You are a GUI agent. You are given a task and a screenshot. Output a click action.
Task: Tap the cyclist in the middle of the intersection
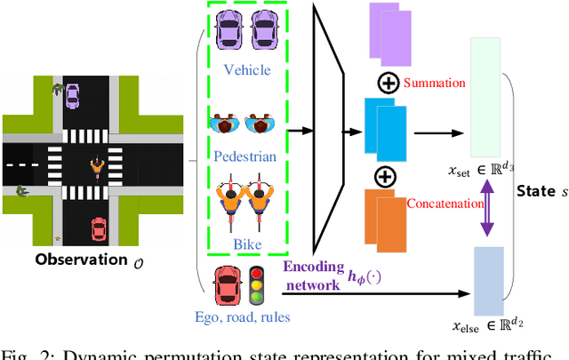click(96, 166)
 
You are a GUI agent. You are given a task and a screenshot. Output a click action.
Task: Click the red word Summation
click(434, 84)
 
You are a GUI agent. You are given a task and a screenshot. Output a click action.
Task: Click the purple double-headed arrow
click(487, 209)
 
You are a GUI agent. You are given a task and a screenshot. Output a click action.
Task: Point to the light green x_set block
click(488, 98)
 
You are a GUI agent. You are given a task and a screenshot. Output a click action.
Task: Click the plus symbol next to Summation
click(389, 83)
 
